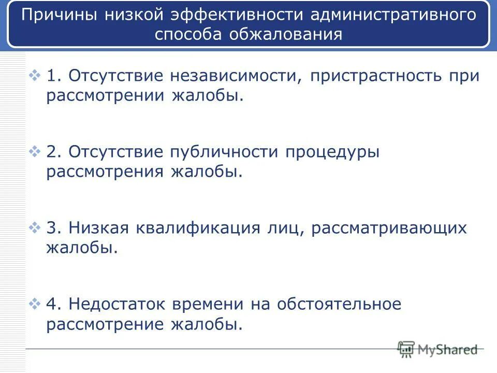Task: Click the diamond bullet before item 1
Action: click(35, 76)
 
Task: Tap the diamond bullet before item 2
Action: click(35, 152)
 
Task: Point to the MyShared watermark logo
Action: click(437, 350)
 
